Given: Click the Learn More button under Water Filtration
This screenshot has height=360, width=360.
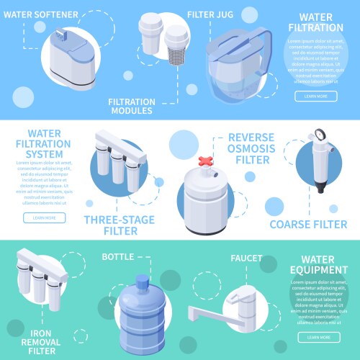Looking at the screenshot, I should pyautogui.click(x=315, y=96).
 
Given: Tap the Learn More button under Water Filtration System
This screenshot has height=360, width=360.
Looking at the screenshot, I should pyautogui.click(x=44, y=217).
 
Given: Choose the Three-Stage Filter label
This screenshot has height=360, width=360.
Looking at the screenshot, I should pyautogui.click(x=111, y=224).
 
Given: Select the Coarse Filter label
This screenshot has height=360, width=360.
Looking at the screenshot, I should pyautogui.click(x=307, y=224).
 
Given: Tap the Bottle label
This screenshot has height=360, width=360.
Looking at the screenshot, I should pyautogui.click(x=118, y=256).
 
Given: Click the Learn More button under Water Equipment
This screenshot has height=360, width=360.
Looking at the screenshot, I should pyautogui.click(x=318, y=337).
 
